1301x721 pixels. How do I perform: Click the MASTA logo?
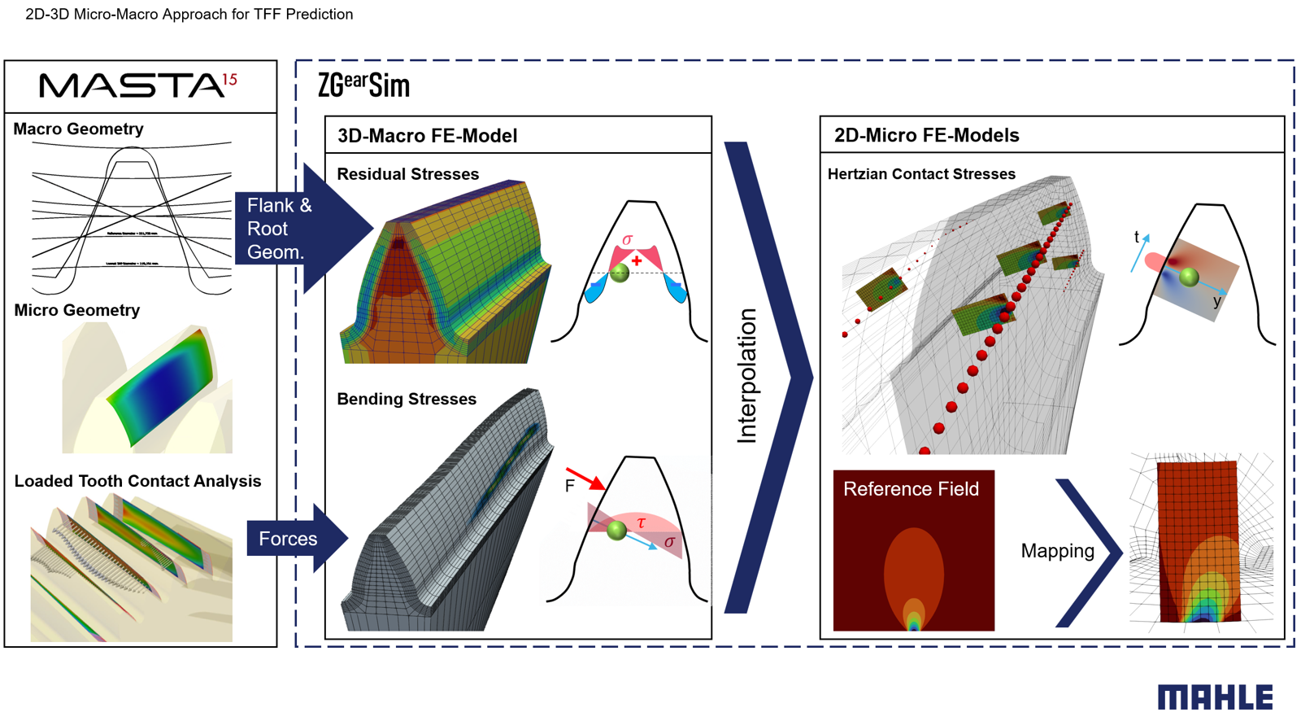click(x=138, y=85)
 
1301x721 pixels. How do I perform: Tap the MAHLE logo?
click(x=1215, y=697)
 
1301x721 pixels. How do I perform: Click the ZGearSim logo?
click(x=363, y=85)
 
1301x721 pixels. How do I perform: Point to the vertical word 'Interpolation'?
click(x=746, y=376)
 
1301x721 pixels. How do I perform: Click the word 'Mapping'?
click(x=1057, y=551)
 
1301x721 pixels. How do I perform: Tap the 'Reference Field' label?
click(x=911, y=489)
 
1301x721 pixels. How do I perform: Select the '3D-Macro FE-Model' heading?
click(x=427, y=136)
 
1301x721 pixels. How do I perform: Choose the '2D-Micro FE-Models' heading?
click(x=926, y=135)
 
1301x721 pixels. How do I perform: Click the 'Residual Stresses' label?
click(x=407, y=174)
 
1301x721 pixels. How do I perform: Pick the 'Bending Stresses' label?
click(x=407, y=399)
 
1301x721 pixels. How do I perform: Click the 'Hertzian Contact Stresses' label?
click(x=921, y=174)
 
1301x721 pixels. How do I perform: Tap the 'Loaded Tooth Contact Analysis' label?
click(x=137, y=481)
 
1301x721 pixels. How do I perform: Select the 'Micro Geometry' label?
click(x=76, y=310)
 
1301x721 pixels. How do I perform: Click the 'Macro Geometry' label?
click(x=78, y=129)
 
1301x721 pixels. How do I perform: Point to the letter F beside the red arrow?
click(x=569, y=486)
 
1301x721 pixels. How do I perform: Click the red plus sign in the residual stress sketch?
click(x=637, y=260)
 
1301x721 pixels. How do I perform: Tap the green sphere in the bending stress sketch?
click(x=617, y=531)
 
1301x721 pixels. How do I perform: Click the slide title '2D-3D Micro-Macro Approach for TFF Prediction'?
click(x=189, y=14)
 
